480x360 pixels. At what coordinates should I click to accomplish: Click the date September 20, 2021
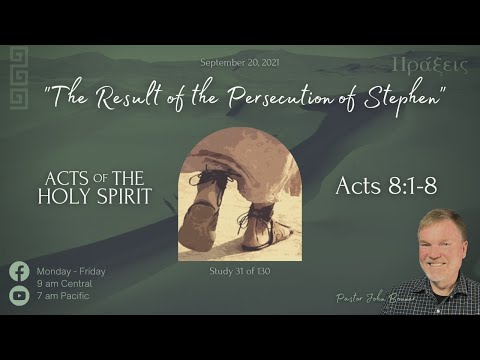click(240, 62)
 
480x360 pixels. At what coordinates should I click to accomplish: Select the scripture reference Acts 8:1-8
click(386, 186)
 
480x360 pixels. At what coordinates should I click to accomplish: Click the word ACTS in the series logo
click(66, 179)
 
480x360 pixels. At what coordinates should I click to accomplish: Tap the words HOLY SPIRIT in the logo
click(95, 197)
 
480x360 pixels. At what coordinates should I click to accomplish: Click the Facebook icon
click(19, 271)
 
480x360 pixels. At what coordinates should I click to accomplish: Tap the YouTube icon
click(19, 295)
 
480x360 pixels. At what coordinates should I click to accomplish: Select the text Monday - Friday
click(71, 271)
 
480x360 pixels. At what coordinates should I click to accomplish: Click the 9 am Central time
click(66, 283)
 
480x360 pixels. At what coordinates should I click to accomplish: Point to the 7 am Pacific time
click(64, 295)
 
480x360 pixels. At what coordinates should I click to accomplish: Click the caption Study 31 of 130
click(240, 270)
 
